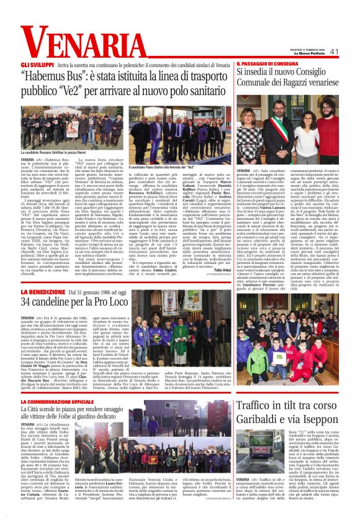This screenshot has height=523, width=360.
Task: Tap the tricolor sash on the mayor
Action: [290, 128]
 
